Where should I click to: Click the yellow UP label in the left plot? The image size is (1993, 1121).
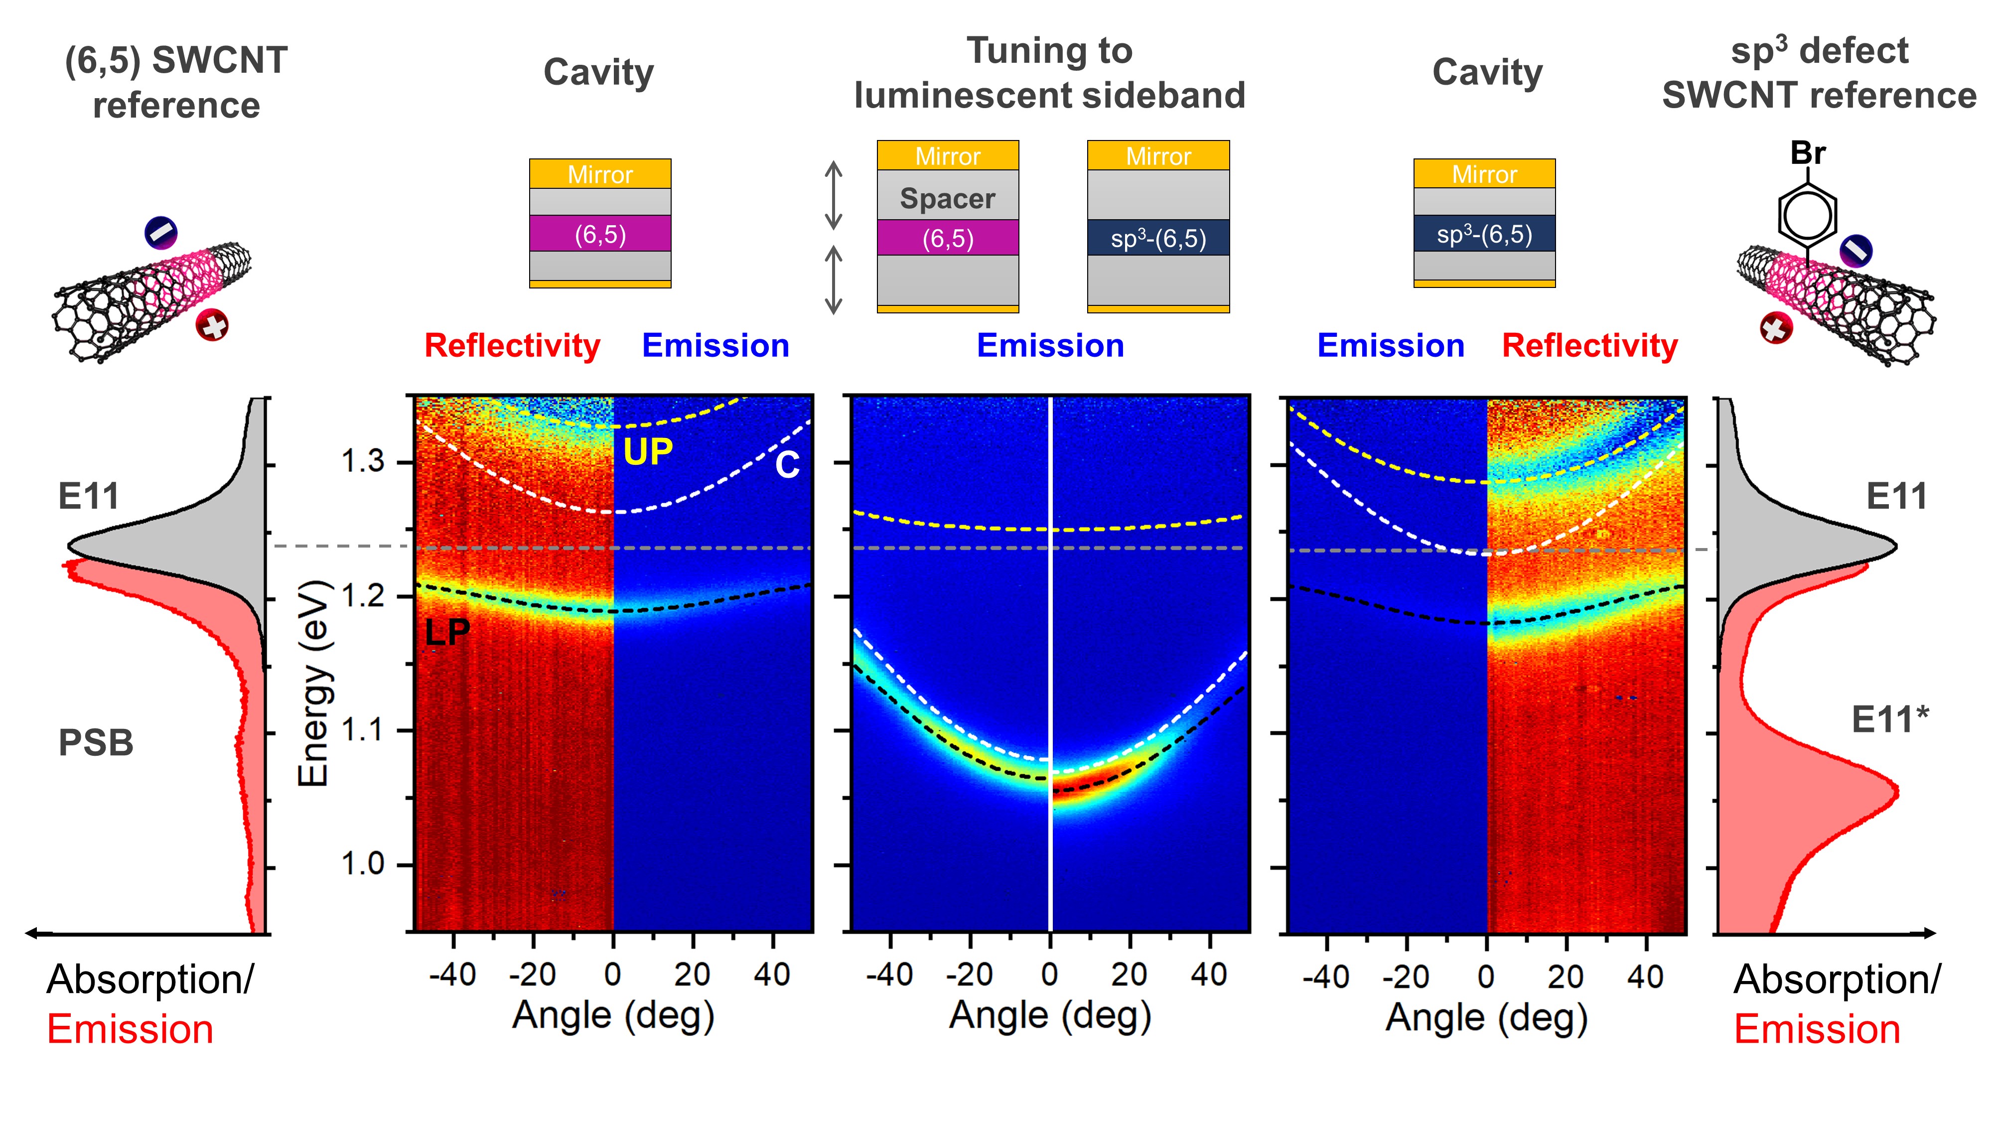click(x=648, y=452)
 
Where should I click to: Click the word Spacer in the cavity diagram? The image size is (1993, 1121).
click(x=947, y=199)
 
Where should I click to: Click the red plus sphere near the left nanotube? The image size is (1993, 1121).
click(x=212, y=325)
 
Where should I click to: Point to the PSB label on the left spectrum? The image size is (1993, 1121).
click(x=96, y=743)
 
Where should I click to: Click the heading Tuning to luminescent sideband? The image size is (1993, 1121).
click(x=1049, y=74)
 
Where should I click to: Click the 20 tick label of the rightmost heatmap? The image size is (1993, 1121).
click(x=1566, y=977)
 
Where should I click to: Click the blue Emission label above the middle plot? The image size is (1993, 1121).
click(x=1050, y=346)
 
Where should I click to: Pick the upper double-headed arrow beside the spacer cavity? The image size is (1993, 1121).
click(x=833, y=195)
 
